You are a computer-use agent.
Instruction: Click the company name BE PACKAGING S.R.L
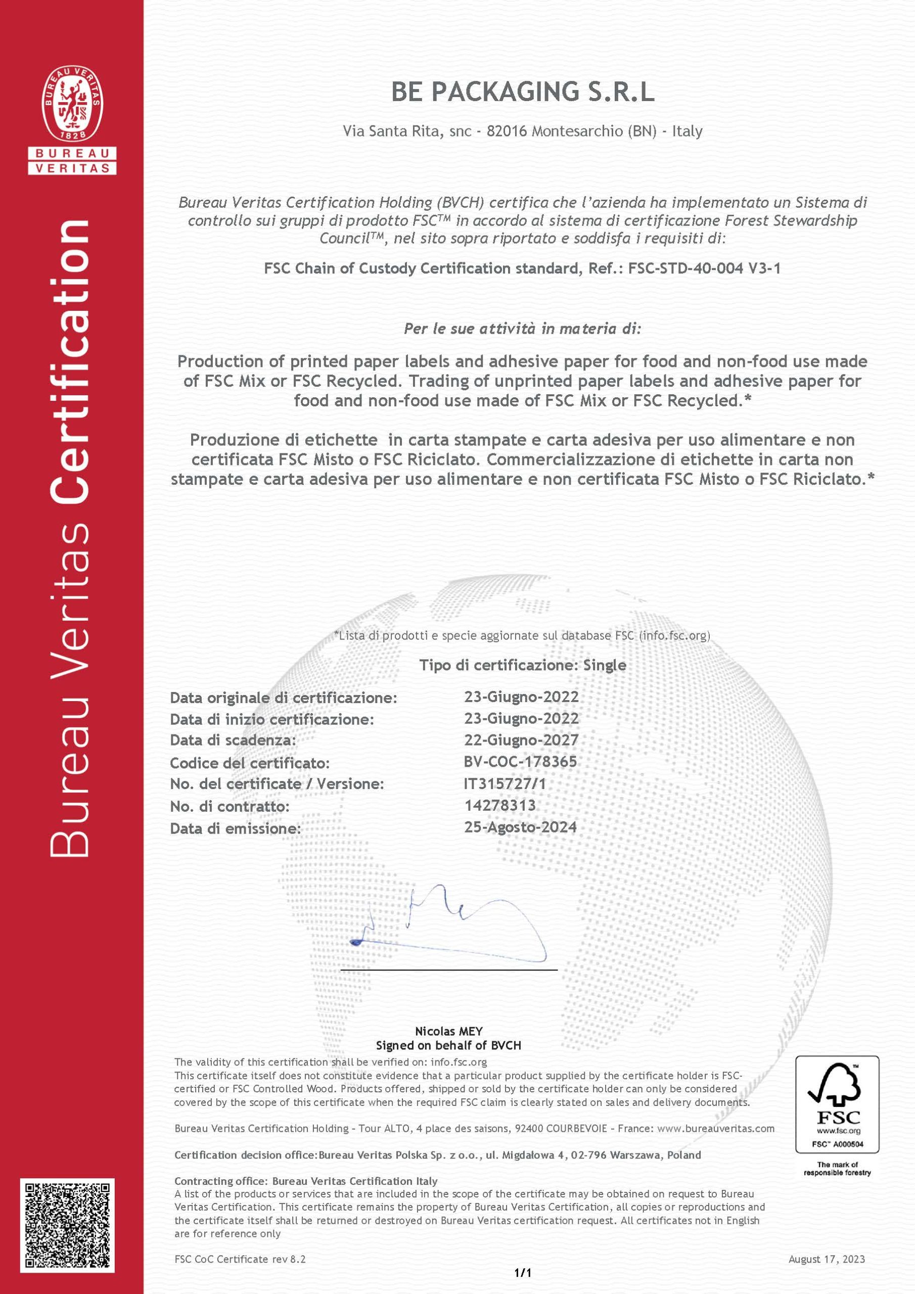click(x=523, y=92)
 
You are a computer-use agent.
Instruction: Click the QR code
click(x=68, y=1225)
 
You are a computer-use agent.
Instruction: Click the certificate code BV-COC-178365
click(x=520, y=761)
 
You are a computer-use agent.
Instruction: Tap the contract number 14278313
click(x=500, y=805)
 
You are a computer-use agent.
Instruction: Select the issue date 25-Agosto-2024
click(x=520, y=827)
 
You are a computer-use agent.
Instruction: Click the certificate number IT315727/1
click(x=505, y=783)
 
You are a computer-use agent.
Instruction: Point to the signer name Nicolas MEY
click(x=449, y=1031)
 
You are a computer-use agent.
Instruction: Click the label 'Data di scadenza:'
click(x=233, y=740)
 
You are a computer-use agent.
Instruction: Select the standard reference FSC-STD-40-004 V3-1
click(x=704, y=268)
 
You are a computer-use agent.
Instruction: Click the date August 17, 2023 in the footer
click(x=826, y=1259)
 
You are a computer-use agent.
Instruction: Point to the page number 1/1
click(x=523, y=1273)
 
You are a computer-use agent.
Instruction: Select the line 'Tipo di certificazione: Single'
click(x=523, y=665)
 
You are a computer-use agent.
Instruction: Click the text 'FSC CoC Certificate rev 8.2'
click(x=240, y=1259)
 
